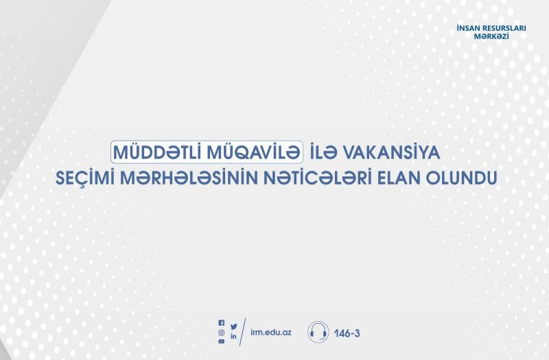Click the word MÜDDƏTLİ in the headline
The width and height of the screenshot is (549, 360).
pyautogui.click(x=158, y=152)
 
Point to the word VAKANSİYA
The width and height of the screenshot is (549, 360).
pyautogui.click(x=392, y=152)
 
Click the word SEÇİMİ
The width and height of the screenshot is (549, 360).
pyautogui.click(x=85, y=178)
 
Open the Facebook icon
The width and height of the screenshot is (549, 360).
pyautogui.click(x=221, y=322)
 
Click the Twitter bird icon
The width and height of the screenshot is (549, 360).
pyautogui.click(x=234, y=326)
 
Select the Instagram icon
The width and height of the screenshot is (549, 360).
pyautogui.click(x=221, y=333)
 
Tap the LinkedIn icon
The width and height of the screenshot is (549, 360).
pyautogui.click(x=233, y=336)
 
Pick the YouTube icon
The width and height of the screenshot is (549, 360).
pyautogui.click(x=221, y=341)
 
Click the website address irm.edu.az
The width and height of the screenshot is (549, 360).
pyautogui.click(x=271, y=332)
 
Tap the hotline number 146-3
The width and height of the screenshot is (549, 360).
pyautogui.click(x=347, y=333)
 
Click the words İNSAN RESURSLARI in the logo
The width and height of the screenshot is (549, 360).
pyautogui.click(x=491, y=28)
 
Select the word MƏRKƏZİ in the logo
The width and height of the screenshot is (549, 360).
pyautogui.click(x=491, y=36)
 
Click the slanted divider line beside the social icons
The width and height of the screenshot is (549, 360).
pyautogui.click(x=243, y=332)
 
